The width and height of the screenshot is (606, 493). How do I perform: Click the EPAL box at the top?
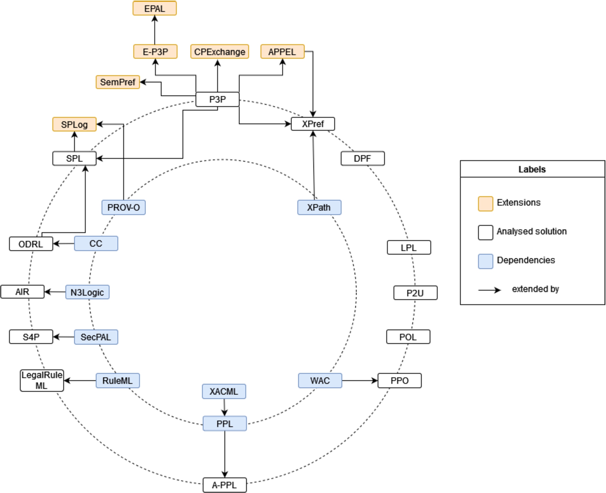pyautogui.click(x=155, y=8)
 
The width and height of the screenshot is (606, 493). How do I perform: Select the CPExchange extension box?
pyautogui.click(x=220, y=51)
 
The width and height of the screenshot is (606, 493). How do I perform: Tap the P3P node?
pyautogui.click(x=217, y=99)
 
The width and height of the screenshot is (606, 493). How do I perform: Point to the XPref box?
pyautogui.click(x=313, y=124)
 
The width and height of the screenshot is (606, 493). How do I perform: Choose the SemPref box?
pyautogui.click(x=118, y=82)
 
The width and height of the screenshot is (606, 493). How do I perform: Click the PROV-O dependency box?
pyautogui.click(x=123, y=207)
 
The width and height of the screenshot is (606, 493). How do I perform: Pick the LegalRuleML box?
pyautogui.click(x=42, y=380)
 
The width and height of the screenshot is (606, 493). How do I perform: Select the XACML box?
pyautogui.click(x=224, y=391)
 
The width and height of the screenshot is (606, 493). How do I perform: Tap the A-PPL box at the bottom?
pyautogui.click(x=225, y=485)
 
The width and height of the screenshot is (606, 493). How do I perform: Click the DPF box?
pyautogui.click(x=363, y=158)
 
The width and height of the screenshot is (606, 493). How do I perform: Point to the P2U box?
pyautogui.click(x=415, y=293)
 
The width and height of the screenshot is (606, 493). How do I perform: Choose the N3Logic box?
pyautogui.click(x=87, y=292)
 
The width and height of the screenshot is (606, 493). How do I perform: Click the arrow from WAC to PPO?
pyautogui.click(x=360, y=381)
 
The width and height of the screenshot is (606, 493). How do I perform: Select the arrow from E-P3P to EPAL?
pyautogui.click(x=155, y=30)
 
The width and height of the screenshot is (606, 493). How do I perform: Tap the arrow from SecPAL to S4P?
pyautogui.click(x=64, y=337)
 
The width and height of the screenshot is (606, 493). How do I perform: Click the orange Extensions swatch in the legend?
pyautogui.click(x=485, y=204)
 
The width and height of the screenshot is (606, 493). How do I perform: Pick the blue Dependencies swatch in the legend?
pyautogui.click(x=485, y=261)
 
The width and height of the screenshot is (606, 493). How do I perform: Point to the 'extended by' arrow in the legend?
pyautogui.click(x=490, y=290)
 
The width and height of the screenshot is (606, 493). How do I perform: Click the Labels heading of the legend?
pyautogui.click(x=532, y=169)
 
